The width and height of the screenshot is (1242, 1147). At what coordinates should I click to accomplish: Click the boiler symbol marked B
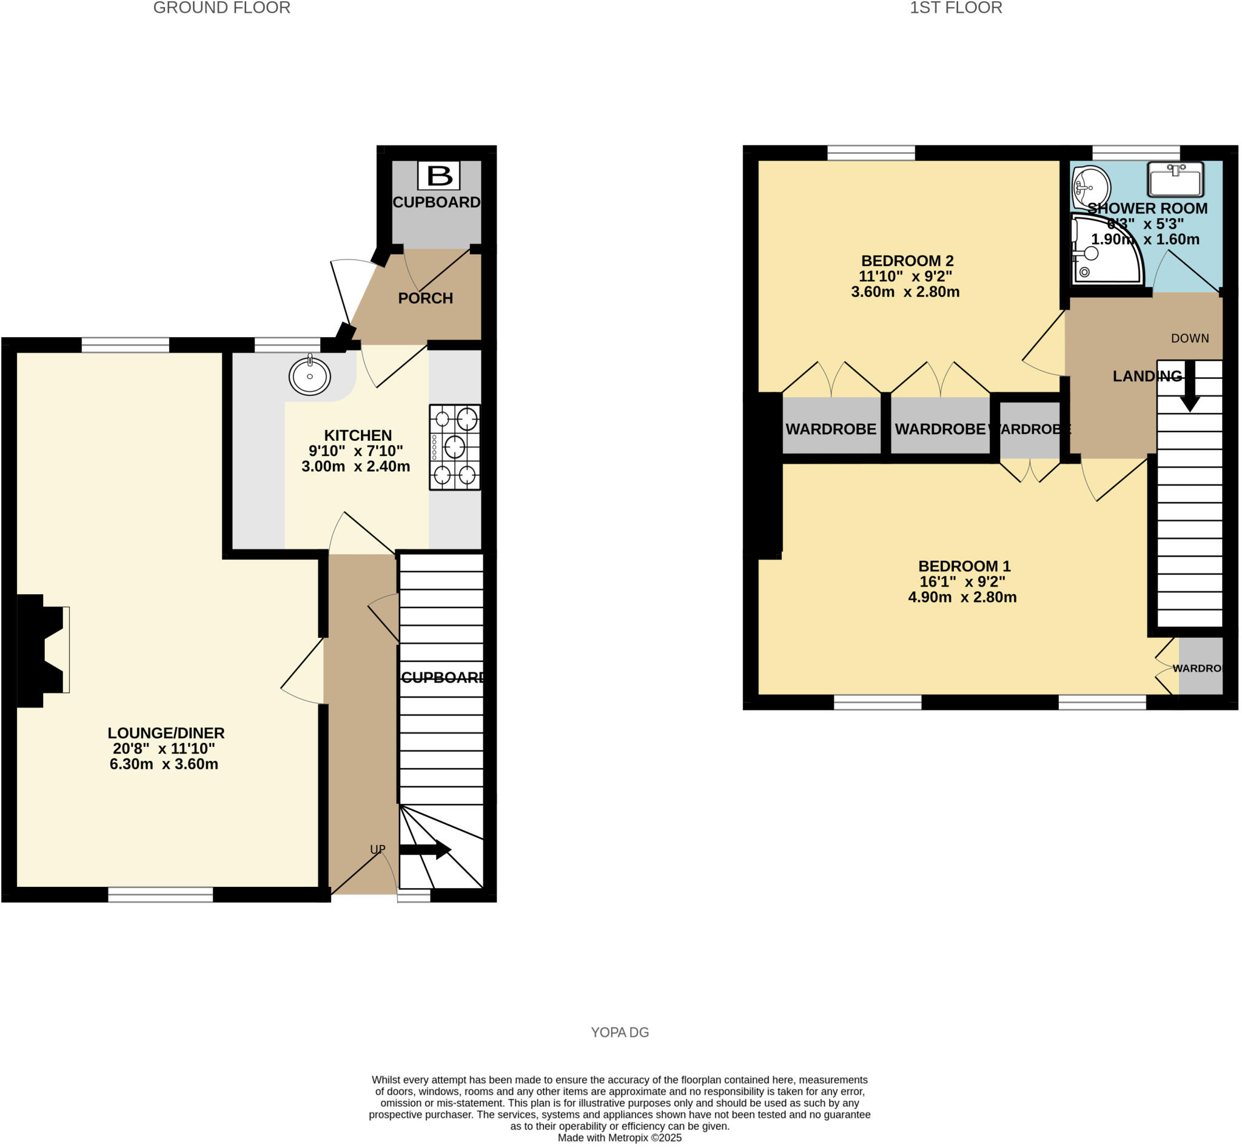tap(439, 176)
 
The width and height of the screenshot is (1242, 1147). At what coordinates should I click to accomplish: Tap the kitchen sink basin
tap(309, 375)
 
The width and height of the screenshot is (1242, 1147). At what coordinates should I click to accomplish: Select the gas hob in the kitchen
tap(455, 447)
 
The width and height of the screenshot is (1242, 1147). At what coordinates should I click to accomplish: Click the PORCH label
tap(425, 298)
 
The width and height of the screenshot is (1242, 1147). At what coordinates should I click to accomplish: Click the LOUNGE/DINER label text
tap(166, 733)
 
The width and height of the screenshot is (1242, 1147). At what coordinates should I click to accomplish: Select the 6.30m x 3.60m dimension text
tap(164, 764)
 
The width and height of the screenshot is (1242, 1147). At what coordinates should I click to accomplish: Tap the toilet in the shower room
tap(1090, 186)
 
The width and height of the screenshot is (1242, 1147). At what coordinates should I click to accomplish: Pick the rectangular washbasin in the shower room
tap(1175, 179)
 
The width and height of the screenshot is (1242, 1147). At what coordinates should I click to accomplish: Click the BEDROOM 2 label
tap(907, 261)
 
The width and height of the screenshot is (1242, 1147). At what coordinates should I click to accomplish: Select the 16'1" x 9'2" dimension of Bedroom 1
tap(962, 581)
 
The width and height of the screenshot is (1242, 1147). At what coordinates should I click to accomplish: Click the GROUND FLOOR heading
tap(222, 8)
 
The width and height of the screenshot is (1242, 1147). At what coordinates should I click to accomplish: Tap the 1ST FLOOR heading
tap(956, 8)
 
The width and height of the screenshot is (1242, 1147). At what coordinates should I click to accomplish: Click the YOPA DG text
tap(620, 1032)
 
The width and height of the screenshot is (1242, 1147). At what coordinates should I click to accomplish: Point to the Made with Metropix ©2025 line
tap(620, 1138)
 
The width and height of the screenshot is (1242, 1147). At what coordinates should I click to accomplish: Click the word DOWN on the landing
tap(1190, 338)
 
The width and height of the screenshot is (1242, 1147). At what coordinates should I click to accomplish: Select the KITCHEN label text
tap(358, 435)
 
